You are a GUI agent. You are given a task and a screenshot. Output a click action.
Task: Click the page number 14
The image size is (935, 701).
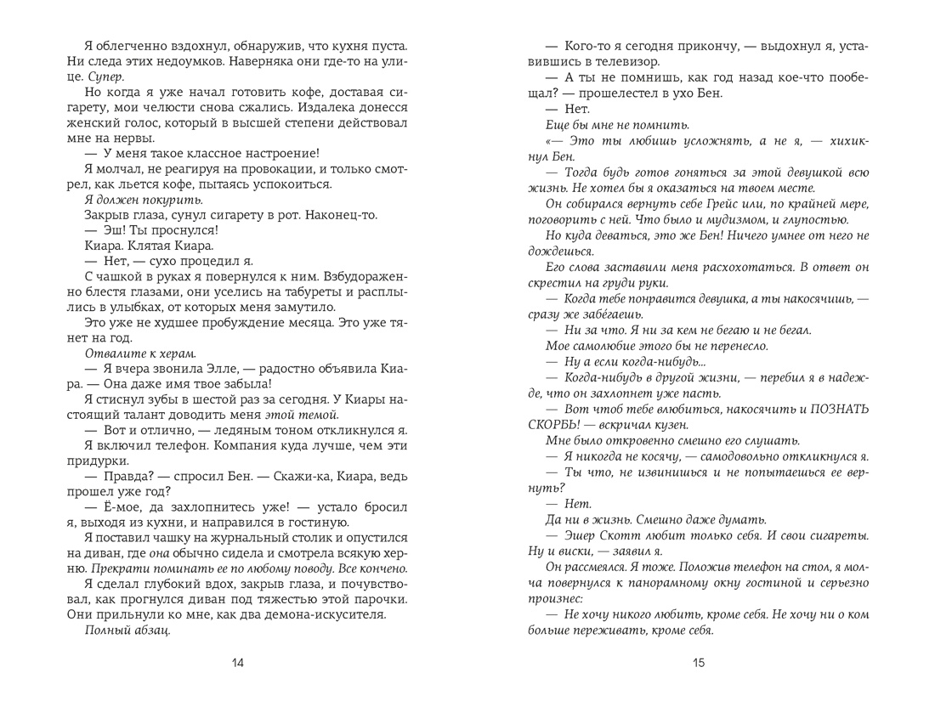(240, 664)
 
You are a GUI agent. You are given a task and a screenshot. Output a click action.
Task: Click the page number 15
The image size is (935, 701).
(698, 664)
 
